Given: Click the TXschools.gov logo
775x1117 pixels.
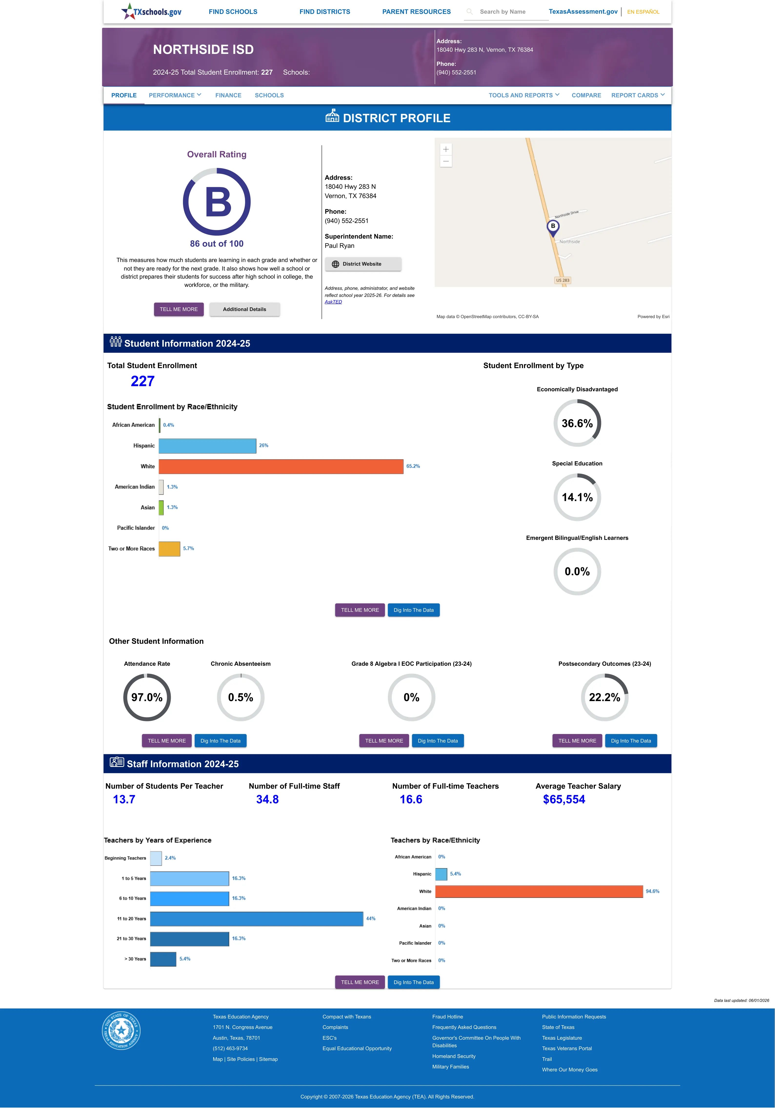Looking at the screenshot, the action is (x=151, y=11).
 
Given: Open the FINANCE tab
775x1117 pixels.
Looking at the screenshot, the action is (x=228, y=95).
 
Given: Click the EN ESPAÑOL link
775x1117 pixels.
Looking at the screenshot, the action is (x=643, y=12).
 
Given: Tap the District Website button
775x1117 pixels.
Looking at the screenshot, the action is (x=363, y=264).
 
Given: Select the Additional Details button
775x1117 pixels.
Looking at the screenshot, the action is (x=244, y=309).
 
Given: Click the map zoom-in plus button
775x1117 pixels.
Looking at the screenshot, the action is (x=446, y=149).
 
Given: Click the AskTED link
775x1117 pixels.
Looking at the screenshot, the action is (x=333, y=302).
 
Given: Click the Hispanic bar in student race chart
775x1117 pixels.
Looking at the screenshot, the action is (x=207, y=446).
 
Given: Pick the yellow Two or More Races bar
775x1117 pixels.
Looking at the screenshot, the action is (x=170, y=549).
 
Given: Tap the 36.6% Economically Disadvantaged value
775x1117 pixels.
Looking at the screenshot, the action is (x=577, y=423).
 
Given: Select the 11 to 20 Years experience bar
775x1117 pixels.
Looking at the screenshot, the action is (x=256, y=918).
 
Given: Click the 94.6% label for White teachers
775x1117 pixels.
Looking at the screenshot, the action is (x=652, y=891).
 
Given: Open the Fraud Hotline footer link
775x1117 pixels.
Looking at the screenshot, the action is (x=447, y=1016).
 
